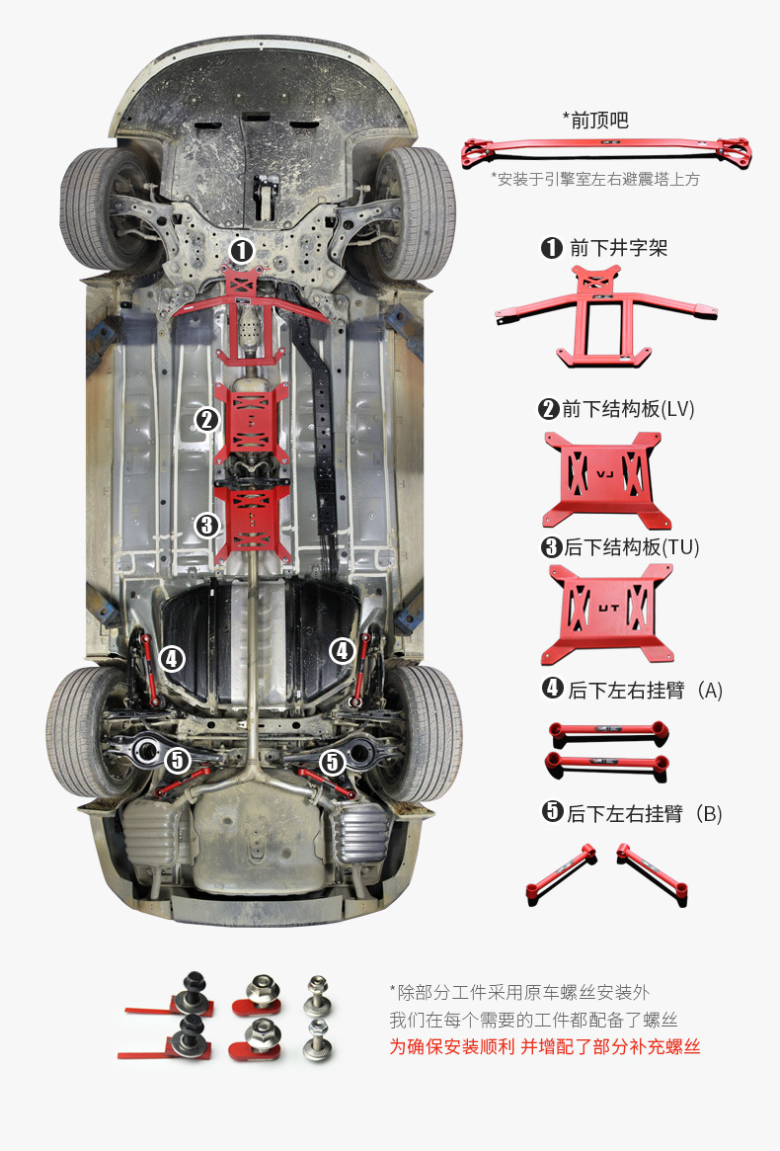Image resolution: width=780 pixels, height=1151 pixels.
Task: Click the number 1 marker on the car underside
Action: pyautogui.click(x=243, y=251)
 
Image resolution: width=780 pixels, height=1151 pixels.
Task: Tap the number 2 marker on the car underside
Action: pyautogui.click(x=206, y=419)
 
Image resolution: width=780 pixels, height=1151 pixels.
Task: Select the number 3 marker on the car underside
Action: pyautogui.click(x=206, y=525)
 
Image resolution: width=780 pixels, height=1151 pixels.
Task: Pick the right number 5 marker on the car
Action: pyautogui.click(x=333, y=761)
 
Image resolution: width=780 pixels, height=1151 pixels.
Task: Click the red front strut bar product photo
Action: pyautogui.click(x=606, y=151)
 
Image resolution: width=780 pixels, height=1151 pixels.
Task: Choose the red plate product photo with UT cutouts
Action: pyautogui.click(x=606, y=615)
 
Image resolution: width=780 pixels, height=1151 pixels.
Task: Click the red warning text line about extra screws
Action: pyautogui.click(x=545, y=1047)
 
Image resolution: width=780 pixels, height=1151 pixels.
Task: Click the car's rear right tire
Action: pyautogui.click(x=425, y=731)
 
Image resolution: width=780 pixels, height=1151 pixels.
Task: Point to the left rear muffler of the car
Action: pyautogui.click(x=151, y=833)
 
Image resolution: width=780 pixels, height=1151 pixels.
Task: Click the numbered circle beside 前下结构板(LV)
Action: pyautogui.click(x=549, y=409)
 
